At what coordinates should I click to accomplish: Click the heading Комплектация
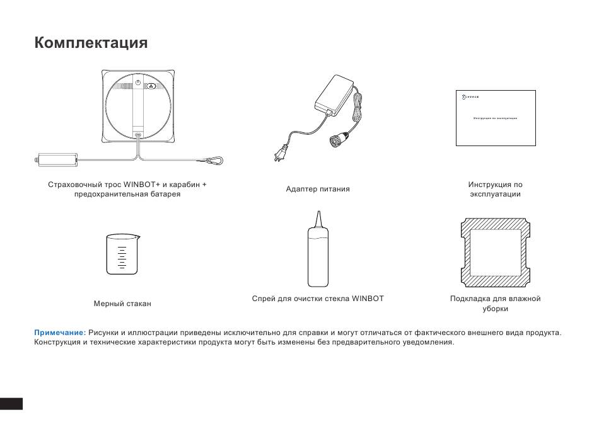[x=91, y=43]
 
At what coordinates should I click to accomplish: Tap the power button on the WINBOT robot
[x=139, y=84]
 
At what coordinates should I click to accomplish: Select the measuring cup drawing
[x=122, y=254]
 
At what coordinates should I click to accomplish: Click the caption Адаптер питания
[x=318, y=189]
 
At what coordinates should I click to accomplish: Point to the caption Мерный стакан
[x=122, y=304]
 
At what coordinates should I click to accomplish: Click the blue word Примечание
[x=60, y=332]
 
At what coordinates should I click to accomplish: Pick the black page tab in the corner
[x=11, y=402]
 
